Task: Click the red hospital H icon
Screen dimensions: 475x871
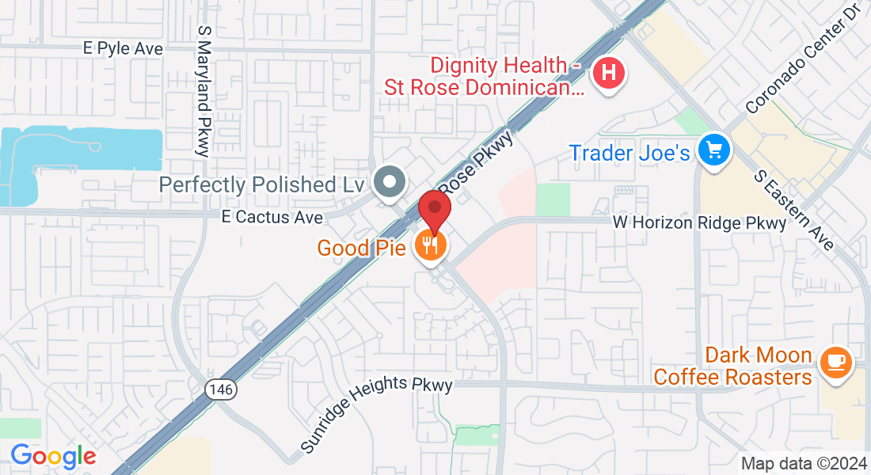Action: pos(608,74)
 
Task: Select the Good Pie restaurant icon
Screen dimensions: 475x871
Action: pos(431,245)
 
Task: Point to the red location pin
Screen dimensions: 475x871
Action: pos(435,211)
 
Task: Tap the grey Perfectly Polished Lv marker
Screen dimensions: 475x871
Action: pos(389,182)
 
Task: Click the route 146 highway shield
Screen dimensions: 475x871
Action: pos(218,389)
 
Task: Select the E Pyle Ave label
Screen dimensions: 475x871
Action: pos(123,48)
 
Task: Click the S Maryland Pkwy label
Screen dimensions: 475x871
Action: pos(203,89)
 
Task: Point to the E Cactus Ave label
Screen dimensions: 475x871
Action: pos(272,217)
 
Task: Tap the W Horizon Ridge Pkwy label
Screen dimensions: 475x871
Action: pos(700,223)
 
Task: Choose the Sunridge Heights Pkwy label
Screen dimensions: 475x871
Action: pos(376,416)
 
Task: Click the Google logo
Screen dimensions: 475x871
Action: pos(53,456)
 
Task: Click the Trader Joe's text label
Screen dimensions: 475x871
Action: pos(630,152)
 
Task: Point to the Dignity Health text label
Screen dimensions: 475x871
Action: pos(485,76)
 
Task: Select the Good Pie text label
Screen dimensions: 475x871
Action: pos(362,248)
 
